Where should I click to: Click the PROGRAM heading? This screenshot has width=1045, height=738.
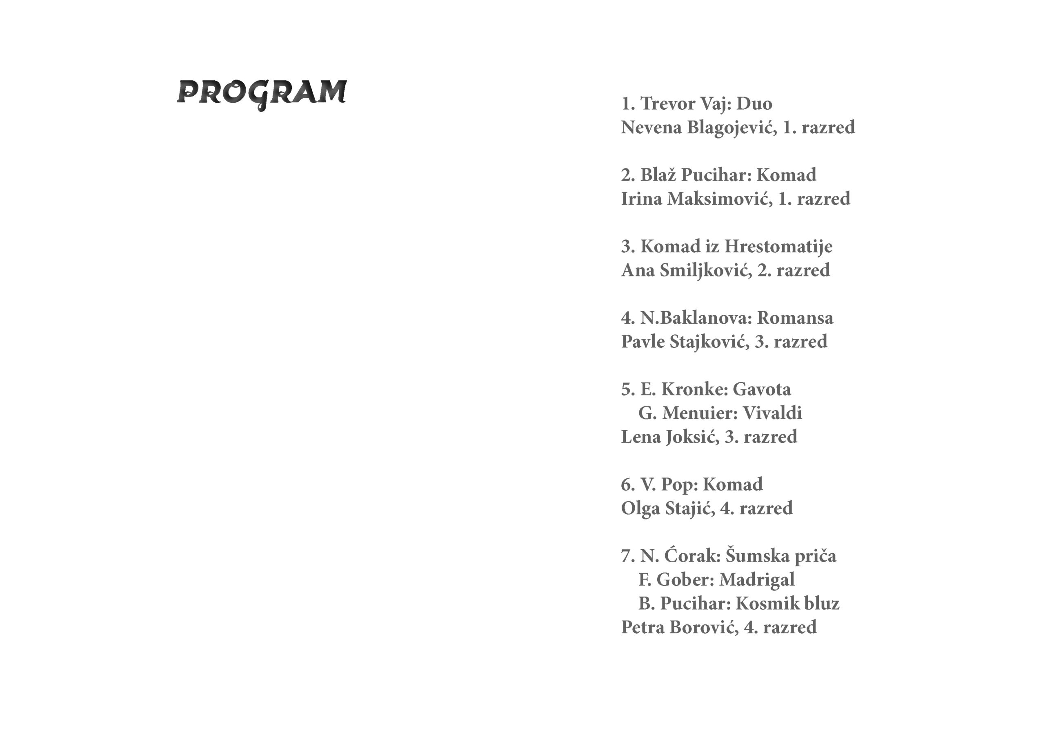point(262,93)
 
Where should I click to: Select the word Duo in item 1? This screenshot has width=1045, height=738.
point(754,104)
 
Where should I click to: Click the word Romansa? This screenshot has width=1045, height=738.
point(795,318)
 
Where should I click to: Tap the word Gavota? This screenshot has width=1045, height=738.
point(762,390)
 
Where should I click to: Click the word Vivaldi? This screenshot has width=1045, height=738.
point(772,413)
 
